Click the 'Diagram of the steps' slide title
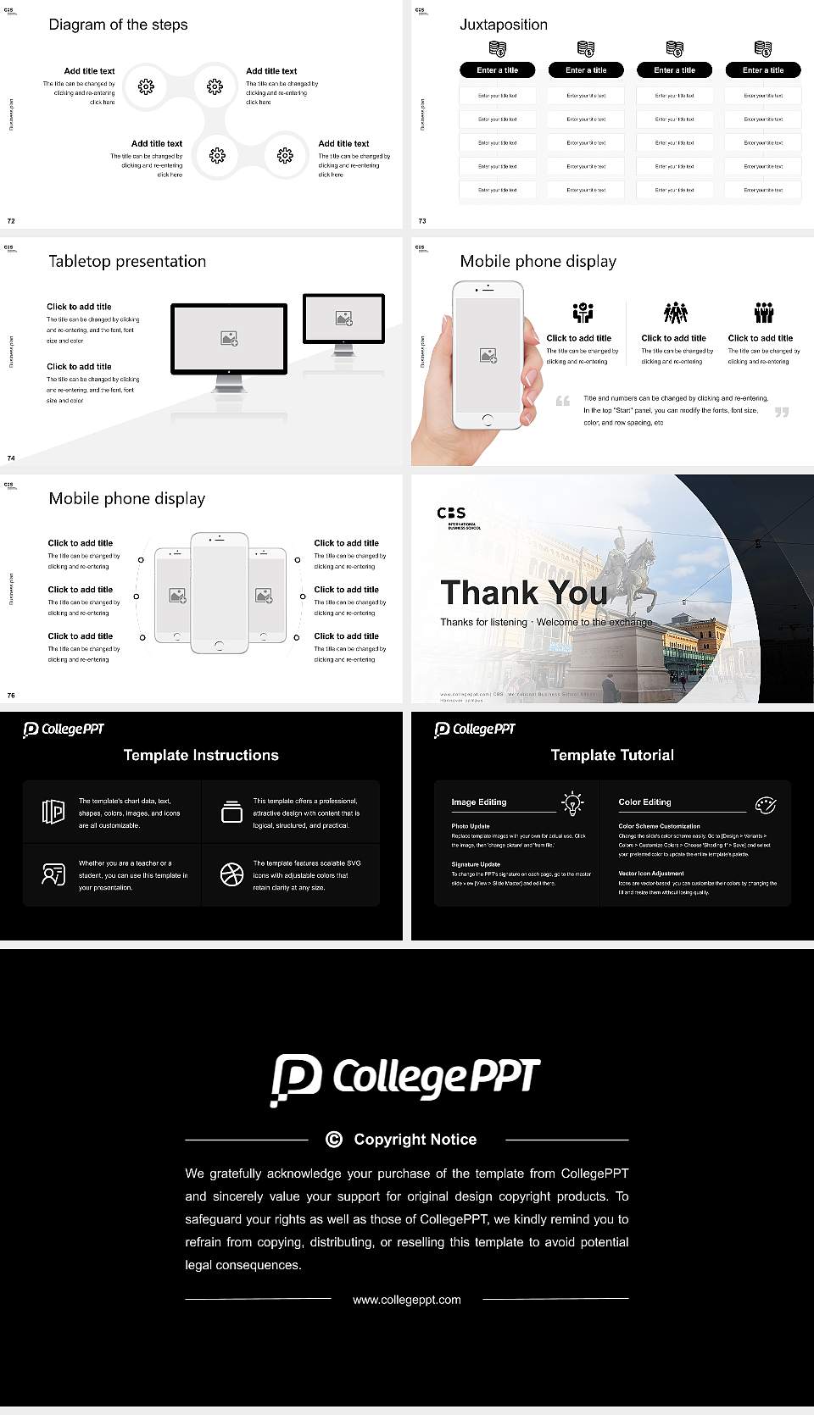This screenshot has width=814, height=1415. click(x=118, y=25)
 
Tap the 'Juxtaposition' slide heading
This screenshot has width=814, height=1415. click(x=503, y=25)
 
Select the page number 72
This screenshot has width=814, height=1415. click(x=11, y=220)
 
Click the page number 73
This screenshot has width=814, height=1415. click(x=422, y=220)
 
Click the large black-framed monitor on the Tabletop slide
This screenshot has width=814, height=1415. click(x=229, y=338)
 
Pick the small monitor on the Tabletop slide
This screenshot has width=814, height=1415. click(x=343, y=319)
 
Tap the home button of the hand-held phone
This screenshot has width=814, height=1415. click(x=488, y=419)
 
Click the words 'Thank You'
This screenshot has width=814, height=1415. click(x=523, y=592)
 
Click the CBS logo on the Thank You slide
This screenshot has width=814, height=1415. click(x=452, y=513)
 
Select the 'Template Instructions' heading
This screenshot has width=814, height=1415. click(x=201, y=755)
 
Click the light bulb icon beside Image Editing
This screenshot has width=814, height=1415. click(x=572, y=802)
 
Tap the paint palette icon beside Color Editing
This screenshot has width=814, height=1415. click(x=766, y=804)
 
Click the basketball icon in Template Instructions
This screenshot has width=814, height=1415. click(x=231, y=874)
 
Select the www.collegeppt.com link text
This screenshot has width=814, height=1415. click(x=407, y=1299)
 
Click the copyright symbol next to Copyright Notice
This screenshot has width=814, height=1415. click(x=334, y=1140)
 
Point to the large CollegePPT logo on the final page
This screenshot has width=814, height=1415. click(x=405, y=1079)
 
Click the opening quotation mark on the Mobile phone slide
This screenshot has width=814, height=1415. click(x=562, y=401)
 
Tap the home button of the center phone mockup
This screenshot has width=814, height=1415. click(x=220, y=646)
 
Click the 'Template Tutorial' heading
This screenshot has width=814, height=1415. click(x=612, y=755)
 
